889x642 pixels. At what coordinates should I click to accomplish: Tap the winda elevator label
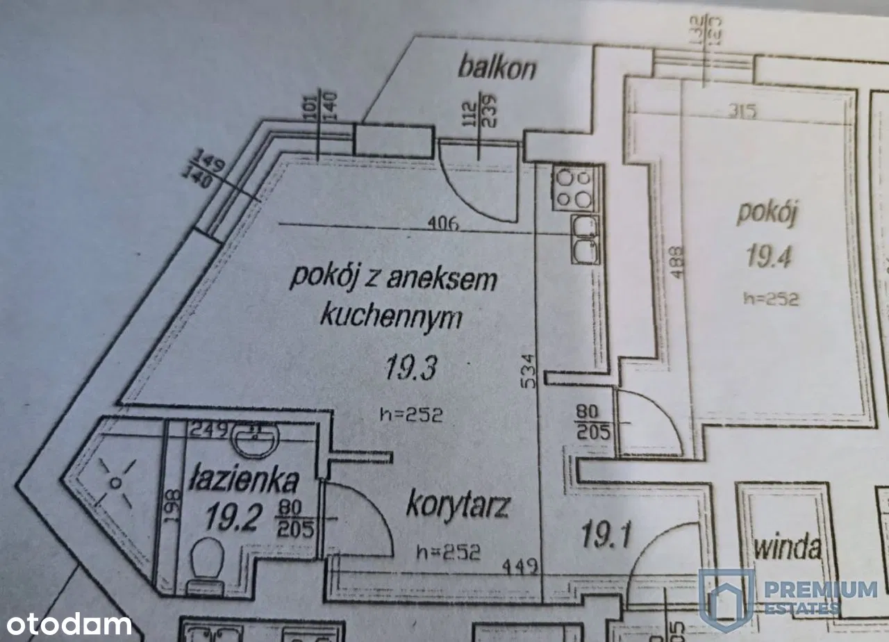[x=787, y=548]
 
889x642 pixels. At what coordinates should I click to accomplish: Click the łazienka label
[x=244, y=481]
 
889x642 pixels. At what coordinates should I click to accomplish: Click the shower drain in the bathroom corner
[x=116, y=482]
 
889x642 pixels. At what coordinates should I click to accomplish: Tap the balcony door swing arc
[x=479, y=181]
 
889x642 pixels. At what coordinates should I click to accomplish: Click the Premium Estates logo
[x=788, y=598]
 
